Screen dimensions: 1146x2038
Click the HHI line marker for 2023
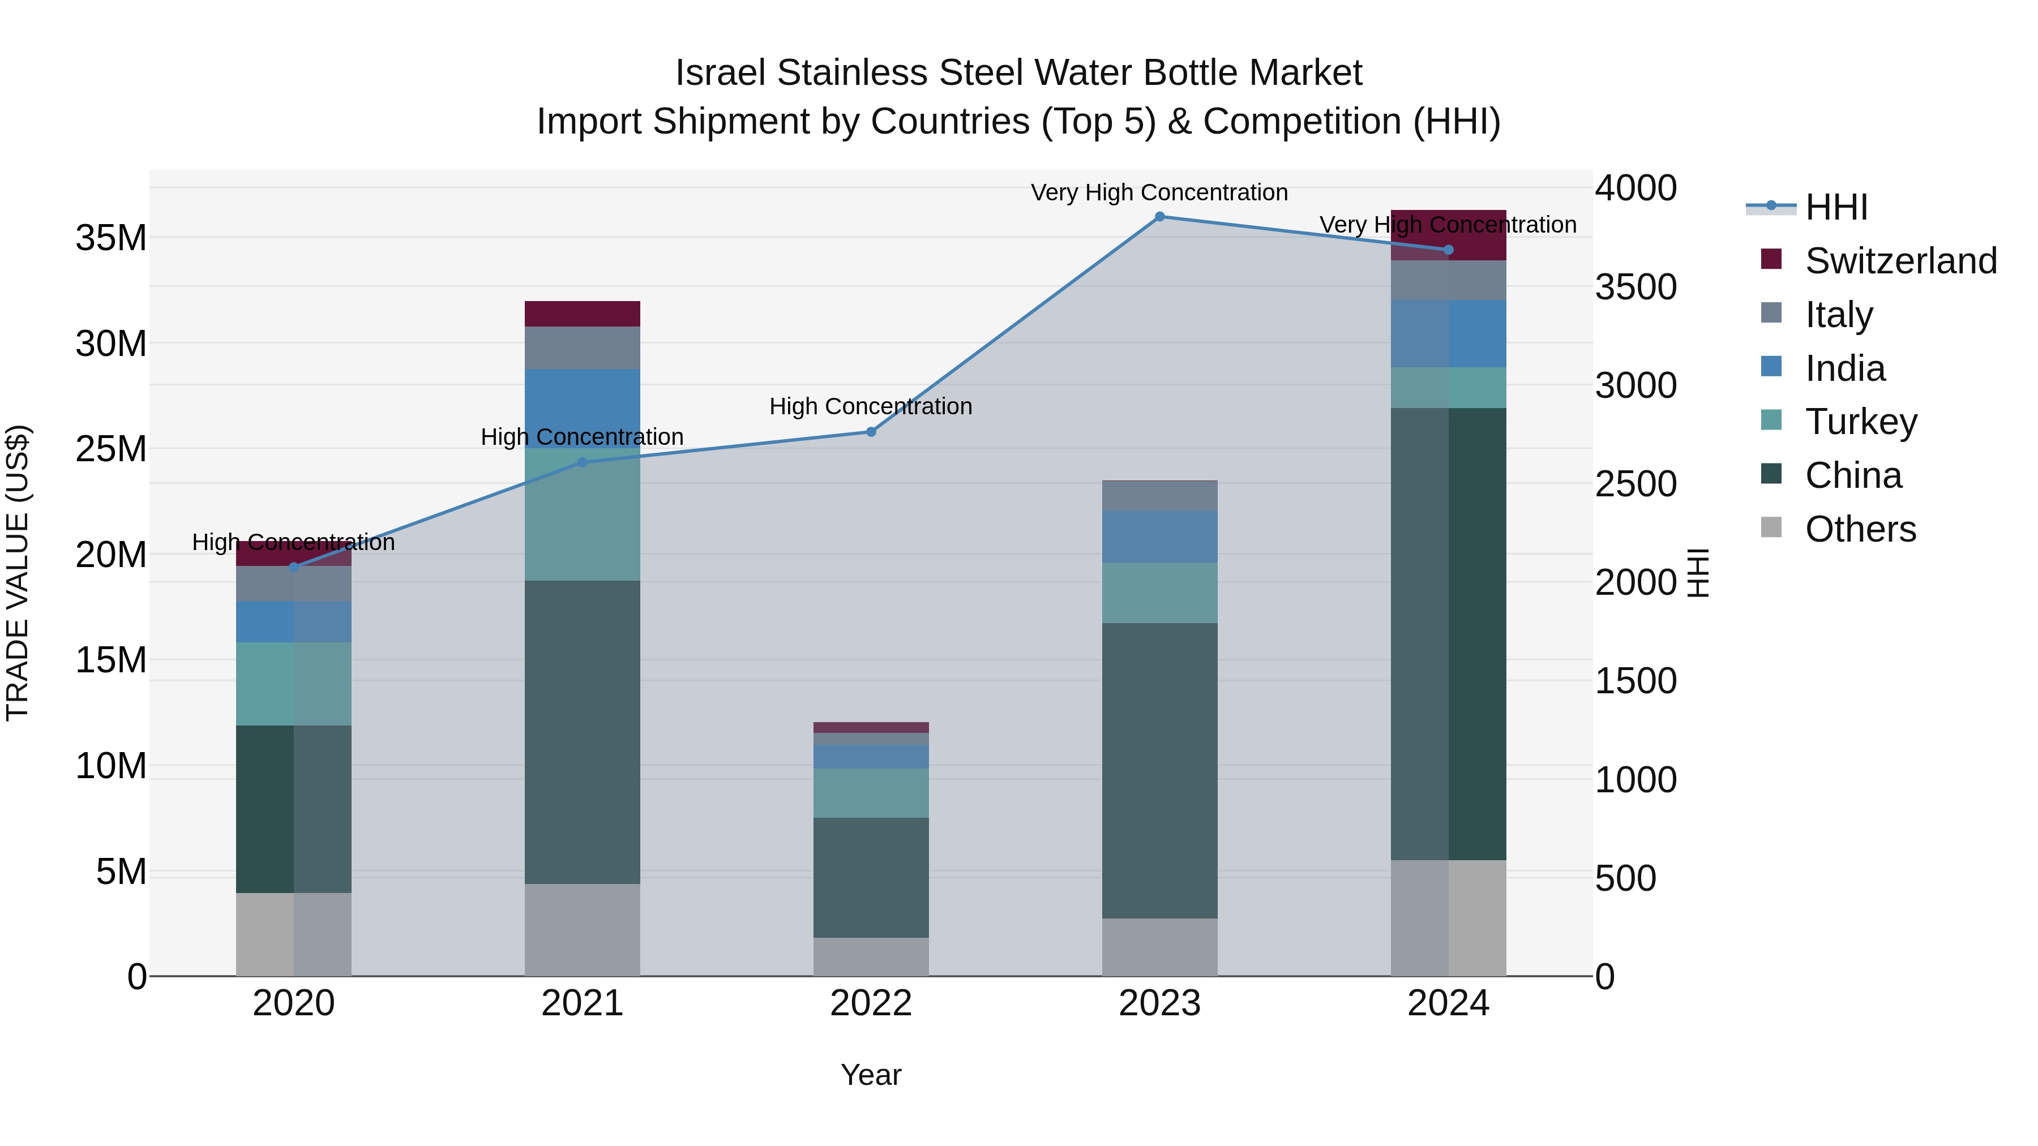(x=1160, y=217)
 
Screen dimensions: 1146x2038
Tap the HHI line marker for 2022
(x=871, y=432)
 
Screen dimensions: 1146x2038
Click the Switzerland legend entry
(x=1899, y=261)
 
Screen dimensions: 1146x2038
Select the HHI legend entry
(x=1835, y=207)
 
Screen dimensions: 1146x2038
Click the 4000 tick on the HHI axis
(x=1634, y=188)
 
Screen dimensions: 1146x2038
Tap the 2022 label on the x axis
(x=871, y=1003)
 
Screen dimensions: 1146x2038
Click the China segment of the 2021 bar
(x=583, y=732)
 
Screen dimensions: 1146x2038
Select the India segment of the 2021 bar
(x=583, y=408)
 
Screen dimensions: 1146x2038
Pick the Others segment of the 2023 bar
(x=1160, y=947)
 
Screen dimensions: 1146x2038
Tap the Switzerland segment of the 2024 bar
(x=1449, y=235)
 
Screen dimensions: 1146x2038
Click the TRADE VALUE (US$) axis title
(x=18, y=573)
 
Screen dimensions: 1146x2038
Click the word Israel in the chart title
(x=721, y=74)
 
